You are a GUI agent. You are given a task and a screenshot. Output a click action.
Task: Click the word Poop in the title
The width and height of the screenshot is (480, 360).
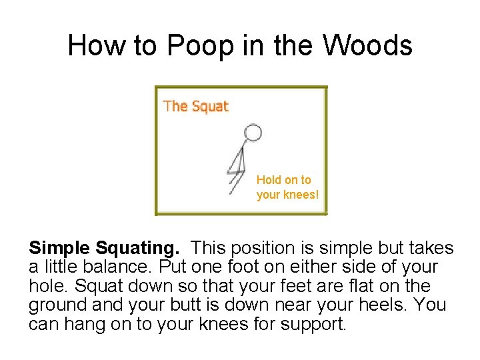click(x=199, y=45)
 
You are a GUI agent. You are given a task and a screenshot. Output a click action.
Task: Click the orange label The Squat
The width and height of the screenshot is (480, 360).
click(x=196, y=106)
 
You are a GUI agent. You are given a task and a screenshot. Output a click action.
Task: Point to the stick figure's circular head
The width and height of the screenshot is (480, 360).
click(x=252, y=132)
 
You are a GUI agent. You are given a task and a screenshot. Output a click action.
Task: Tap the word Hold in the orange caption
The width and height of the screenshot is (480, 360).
click(x=269, y=180)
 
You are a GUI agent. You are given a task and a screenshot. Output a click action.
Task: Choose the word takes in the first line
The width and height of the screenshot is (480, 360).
click(x=432, y=249)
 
